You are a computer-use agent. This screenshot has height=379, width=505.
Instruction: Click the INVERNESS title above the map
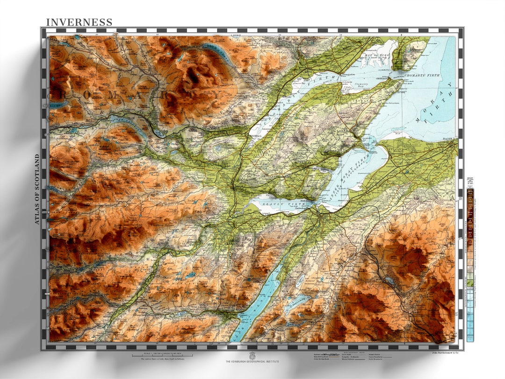click(x=79, y=22)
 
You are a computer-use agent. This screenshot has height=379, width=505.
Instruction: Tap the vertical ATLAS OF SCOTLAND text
click(x=37, y=189)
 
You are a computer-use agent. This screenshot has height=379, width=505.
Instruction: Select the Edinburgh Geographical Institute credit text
click(x=252, y=362)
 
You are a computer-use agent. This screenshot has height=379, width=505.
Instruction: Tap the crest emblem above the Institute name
click(x=252, y=355)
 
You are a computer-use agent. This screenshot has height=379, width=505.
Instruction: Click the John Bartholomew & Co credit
click(x=444, y=352)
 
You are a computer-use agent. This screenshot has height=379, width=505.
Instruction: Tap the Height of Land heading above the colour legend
click(x=470, y=182)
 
